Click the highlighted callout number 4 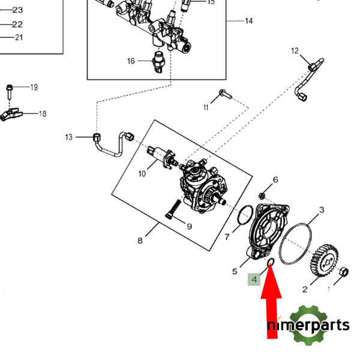254,280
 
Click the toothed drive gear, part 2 323,262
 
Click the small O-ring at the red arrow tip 271,261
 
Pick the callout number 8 140,241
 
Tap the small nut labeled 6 262,196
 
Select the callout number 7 227,236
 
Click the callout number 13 68,137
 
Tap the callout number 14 248,21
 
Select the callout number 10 142,174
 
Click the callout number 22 17,24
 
